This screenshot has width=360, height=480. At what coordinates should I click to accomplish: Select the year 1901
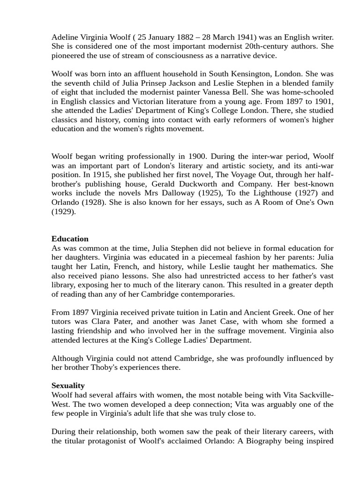pyautogui.click(x=322, y=102)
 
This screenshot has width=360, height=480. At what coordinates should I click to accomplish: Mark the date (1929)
pyautogui.click(x=63, y=211)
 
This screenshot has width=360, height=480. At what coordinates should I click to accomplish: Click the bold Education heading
pyautogui.click(x=70, y=239)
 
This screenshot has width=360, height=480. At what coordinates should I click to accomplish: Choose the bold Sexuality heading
pyautogui.click(x=68, y=386)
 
